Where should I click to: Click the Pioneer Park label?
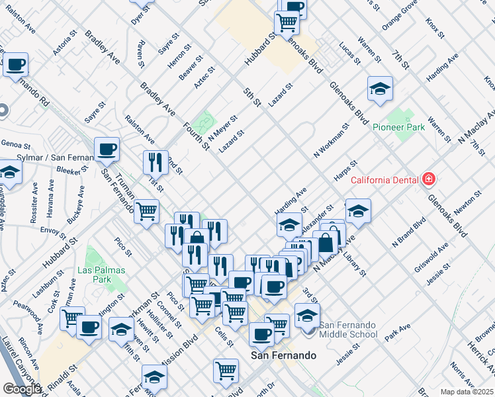coord(398,128)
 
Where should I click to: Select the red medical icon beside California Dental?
coord(429,179)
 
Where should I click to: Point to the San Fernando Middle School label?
coord(348,330)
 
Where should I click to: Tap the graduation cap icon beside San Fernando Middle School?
coord(308,316)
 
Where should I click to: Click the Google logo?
coord(21,389)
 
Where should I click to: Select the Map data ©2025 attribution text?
coord(467,392)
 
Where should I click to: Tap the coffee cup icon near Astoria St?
coord(16,65)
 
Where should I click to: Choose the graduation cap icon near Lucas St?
coord(380,89)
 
